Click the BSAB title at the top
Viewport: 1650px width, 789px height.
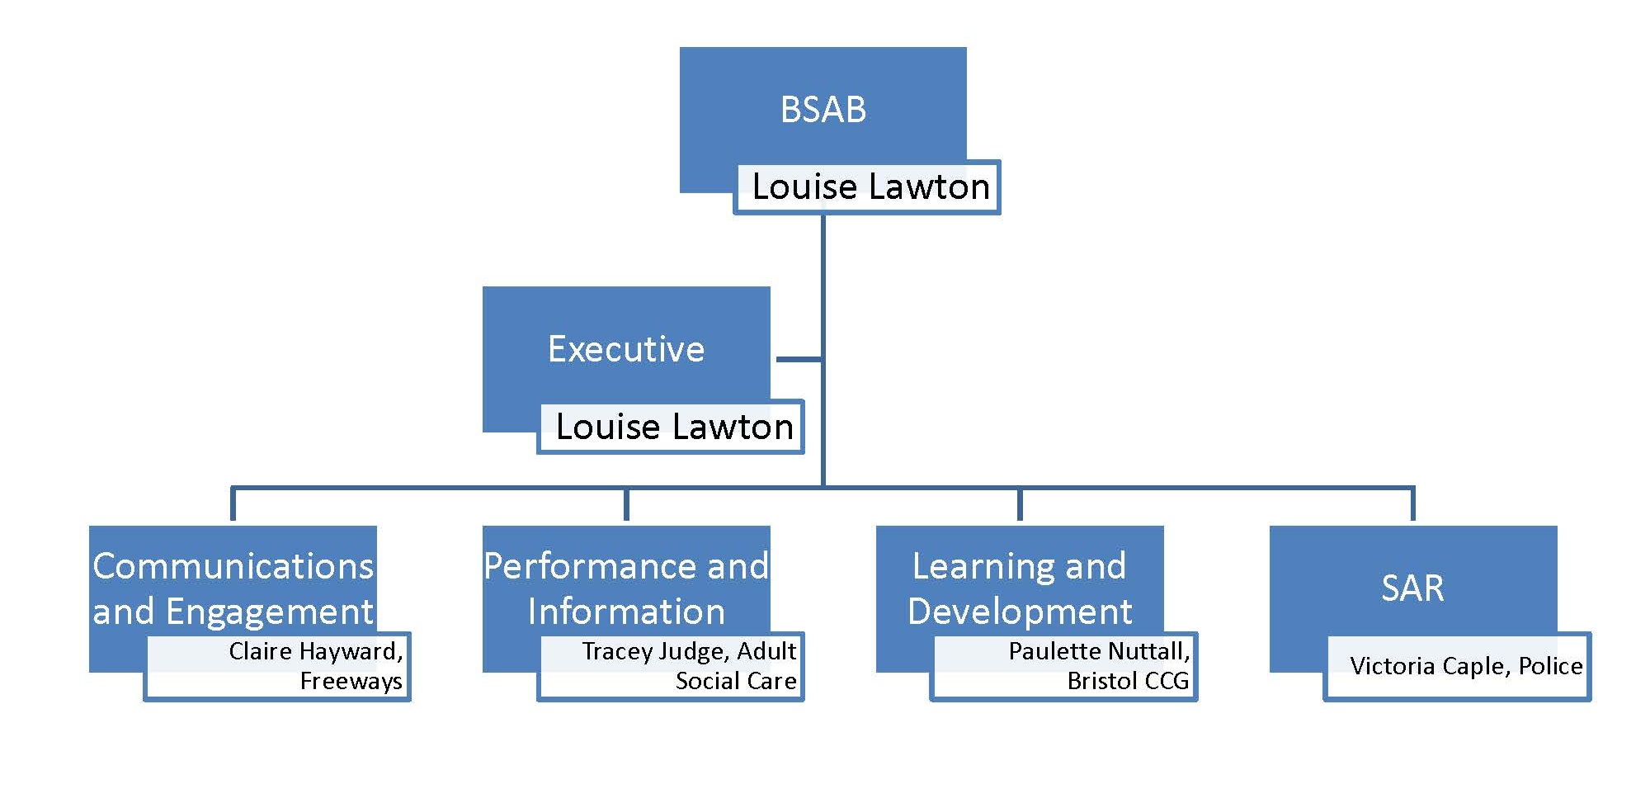click(823, 110)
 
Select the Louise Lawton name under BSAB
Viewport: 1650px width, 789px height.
click(870, 187)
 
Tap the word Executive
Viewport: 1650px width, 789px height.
click(626, 349)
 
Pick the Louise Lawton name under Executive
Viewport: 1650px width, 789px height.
click(674, 427)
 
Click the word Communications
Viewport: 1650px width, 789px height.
click(233, 566)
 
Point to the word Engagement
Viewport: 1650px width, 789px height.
click(270, 612)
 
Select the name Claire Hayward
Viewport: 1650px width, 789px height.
click(314, 651)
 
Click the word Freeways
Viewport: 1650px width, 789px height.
click(351, 681)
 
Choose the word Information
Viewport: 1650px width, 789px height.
click(626, 612)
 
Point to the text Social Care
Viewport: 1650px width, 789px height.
click(736, 681)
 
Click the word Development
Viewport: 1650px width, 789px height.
click(1020, 612)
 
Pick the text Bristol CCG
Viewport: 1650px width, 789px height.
click(1128, 681)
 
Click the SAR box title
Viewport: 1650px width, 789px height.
click(1412, 588)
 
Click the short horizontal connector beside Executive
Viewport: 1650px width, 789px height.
click(799, 359)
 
